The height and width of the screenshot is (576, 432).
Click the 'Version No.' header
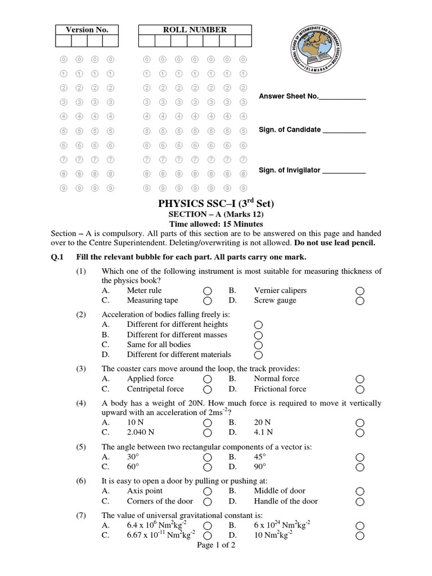(87, 30)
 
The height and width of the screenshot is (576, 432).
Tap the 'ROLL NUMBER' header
(195, 30)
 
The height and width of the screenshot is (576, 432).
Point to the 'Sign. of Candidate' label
(290, 130)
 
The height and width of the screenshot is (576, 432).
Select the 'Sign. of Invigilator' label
(290, 170)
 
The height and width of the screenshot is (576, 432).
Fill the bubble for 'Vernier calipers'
(360, 291)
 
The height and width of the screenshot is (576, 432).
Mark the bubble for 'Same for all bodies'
(258, 345)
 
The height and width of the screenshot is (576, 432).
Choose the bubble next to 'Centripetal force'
(208, 389)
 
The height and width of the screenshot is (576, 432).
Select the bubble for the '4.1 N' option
(360, 433)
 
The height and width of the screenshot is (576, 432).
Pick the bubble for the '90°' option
(360, 467)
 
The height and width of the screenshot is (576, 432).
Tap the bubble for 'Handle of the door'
(360, 502)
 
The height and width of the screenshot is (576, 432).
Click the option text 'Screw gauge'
(275, 300)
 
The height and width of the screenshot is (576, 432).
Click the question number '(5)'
(82, 447)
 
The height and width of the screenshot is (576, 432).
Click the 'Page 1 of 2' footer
(217, 546)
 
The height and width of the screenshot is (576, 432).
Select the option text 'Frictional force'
(280, 389)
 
